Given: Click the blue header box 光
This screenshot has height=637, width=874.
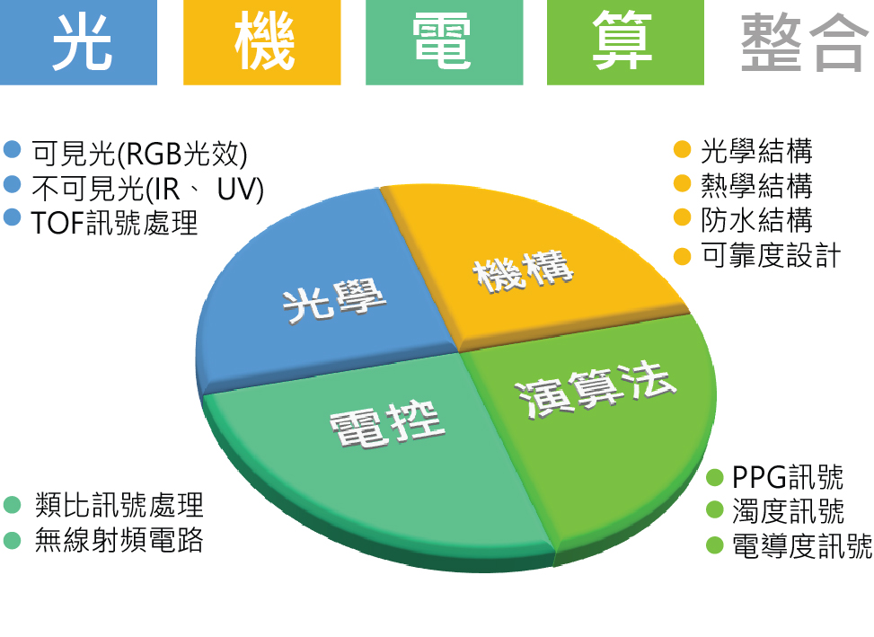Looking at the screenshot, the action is (78, 42).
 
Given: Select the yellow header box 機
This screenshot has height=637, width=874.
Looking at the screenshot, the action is (262, 42).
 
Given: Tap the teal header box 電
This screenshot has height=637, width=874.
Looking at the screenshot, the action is (445, 42).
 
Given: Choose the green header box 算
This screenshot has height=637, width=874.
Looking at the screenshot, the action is (625, 42).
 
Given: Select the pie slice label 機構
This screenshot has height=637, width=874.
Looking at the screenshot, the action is (523, 271).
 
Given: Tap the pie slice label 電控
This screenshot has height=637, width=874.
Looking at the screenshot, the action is (387, 425).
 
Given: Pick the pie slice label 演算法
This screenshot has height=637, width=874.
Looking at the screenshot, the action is (596, 389).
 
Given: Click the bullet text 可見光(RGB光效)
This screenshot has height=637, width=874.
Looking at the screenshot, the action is (139, 154).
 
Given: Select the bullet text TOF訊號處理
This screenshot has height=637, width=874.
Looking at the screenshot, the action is (114, 222).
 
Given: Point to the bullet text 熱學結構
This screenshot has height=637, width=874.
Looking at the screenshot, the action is (756, 186).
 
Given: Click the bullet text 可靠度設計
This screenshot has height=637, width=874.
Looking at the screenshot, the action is (771, 255).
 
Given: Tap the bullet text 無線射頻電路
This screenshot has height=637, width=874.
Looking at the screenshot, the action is (119, 540).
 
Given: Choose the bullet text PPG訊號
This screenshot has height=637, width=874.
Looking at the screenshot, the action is (788, 477).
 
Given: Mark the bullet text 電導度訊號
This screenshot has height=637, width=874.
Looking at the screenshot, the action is (802, 545).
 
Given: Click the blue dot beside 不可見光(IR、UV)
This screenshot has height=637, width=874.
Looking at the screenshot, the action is (12, 184).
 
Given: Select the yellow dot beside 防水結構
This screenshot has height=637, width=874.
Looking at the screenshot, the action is (683, 217).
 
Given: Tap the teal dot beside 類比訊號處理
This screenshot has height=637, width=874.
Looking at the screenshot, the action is (12, 505).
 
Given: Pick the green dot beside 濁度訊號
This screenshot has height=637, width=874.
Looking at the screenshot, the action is (715, 509).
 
